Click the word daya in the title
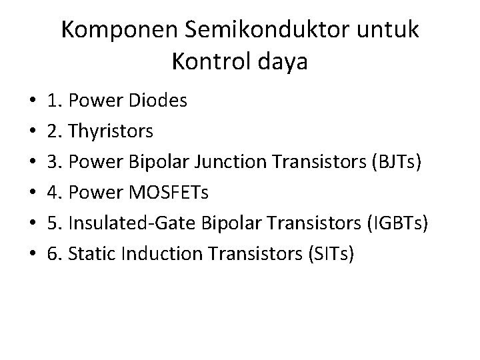(x=286, y=63)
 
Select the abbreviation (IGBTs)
(x=397, y=224)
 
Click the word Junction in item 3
(x=232, y=163)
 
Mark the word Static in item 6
(x=87, y=255)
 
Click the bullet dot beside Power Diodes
(x=33, y=102)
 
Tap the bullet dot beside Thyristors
(x=33, y=133)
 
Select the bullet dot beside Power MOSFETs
(x=33, y=194)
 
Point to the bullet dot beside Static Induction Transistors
(x=33, y=255)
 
